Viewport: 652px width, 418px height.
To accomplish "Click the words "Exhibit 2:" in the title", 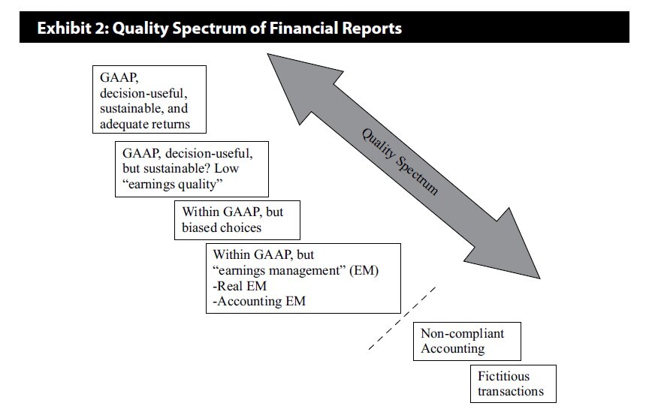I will tap(72, 29).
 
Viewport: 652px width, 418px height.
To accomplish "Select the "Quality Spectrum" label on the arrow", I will tap(399, 162).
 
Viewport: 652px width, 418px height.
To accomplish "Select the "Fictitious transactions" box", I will tap(515, 383).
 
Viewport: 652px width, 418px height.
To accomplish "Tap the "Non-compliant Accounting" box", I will tap(467, 341).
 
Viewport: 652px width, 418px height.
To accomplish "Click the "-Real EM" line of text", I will tap(237, 286).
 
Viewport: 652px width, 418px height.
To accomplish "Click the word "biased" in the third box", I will tap(201, 227).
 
